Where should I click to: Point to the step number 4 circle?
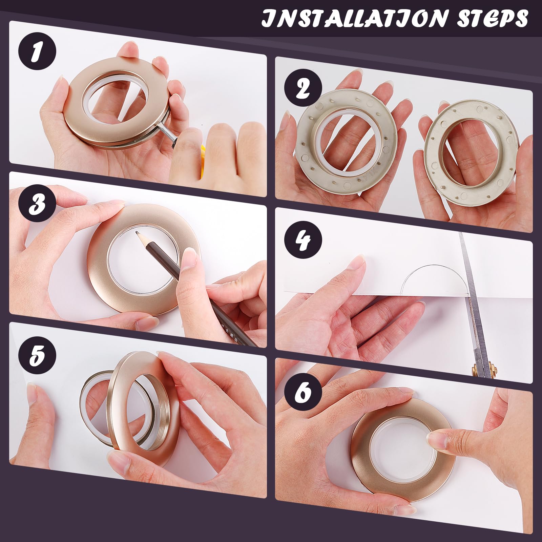point(303,239)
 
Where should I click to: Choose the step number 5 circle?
point(37,355)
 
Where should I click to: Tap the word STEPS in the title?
point(493,18)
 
